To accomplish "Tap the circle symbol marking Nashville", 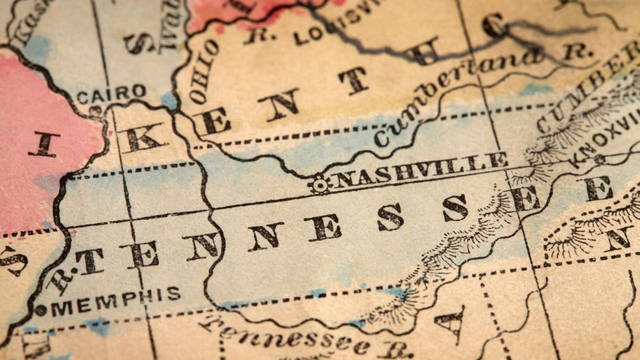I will pos(320,184).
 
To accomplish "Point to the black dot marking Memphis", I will pos(41,310).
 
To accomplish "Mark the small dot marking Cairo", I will pos(97,109).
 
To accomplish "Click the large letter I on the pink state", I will pos(42,143).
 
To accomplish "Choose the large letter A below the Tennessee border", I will pos(451,323).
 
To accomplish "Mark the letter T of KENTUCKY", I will pos(354,79).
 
